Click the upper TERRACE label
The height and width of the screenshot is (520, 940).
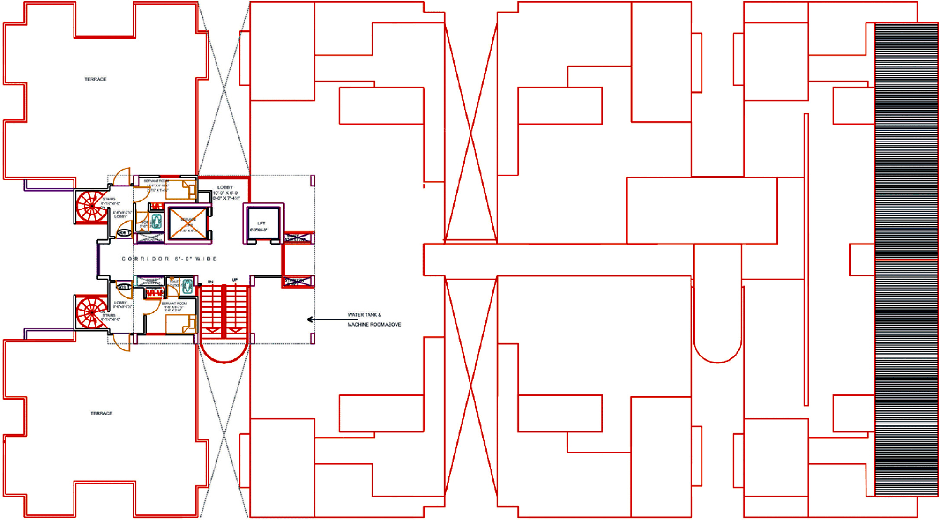pos(95,79)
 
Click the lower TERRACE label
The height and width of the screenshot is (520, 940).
pos(101,413)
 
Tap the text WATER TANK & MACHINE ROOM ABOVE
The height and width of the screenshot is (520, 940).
pos(374,320)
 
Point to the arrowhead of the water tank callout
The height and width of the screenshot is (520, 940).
pos(310,320)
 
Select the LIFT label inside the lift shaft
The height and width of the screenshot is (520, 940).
pos(261,223)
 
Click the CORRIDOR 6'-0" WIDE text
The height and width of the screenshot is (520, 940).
pos(169,259)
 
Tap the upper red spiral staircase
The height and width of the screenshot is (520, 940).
pos(91,206)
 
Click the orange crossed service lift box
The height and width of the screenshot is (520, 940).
pos(188,223)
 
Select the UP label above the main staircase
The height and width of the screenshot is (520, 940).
pos(235,280)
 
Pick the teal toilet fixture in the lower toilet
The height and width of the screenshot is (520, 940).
pos(187,286)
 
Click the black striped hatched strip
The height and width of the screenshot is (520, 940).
pos(906,260)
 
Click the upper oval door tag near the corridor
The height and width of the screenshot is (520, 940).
pos(124,233)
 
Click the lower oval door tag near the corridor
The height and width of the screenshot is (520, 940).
pos(124,287)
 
